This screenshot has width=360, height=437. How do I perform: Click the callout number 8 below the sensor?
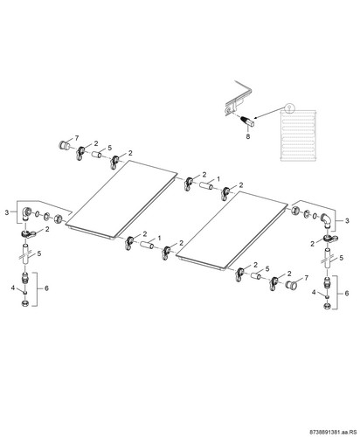point(248,136)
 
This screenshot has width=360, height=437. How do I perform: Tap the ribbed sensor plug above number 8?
point(247,121)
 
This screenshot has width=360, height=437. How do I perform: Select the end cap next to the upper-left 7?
point(64,144)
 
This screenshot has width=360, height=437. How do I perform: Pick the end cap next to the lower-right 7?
point(290,285)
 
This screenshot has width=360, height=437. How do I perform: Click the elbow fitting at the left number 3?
point(27,213)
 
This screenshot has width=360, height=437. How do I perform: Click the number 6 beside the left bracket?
point(46,288)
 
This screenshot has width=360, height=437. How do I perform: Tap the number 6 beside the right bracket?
point(346,293)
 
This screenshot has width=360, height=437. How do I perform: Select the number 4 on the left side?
point(13,288)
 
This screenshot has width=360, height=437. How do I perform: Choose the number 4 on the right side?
point(314,292)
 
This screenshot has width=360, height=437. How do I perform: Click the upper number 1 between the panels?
point(218,179)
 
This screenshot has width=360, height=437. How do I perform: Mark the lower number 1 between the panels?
point(159,238)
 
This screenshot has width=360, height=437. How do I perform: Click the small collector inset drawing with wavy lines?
point(298,135)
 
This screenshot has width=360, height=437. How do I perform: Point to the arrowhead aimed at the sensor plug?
point(255,118)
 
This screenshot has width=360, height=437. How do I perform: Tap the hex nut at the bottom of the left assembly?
point(25,303)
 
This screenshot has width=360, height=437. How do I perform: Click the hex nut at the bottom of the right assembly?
point(327,306)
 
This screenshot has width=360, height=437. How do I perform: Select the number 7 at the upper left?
point(77,137)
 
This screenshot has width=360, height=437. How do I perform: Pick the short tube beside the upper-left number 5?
point(97,154)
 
